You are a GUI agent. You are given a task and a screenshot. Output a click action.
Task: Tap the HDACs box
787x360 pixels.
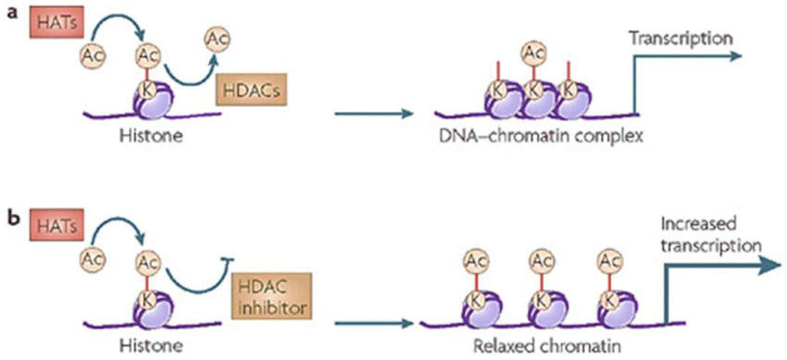point(248,91)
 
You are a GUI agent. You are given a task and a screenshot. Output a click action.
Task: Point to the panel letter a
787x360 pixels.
point(13,16)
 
